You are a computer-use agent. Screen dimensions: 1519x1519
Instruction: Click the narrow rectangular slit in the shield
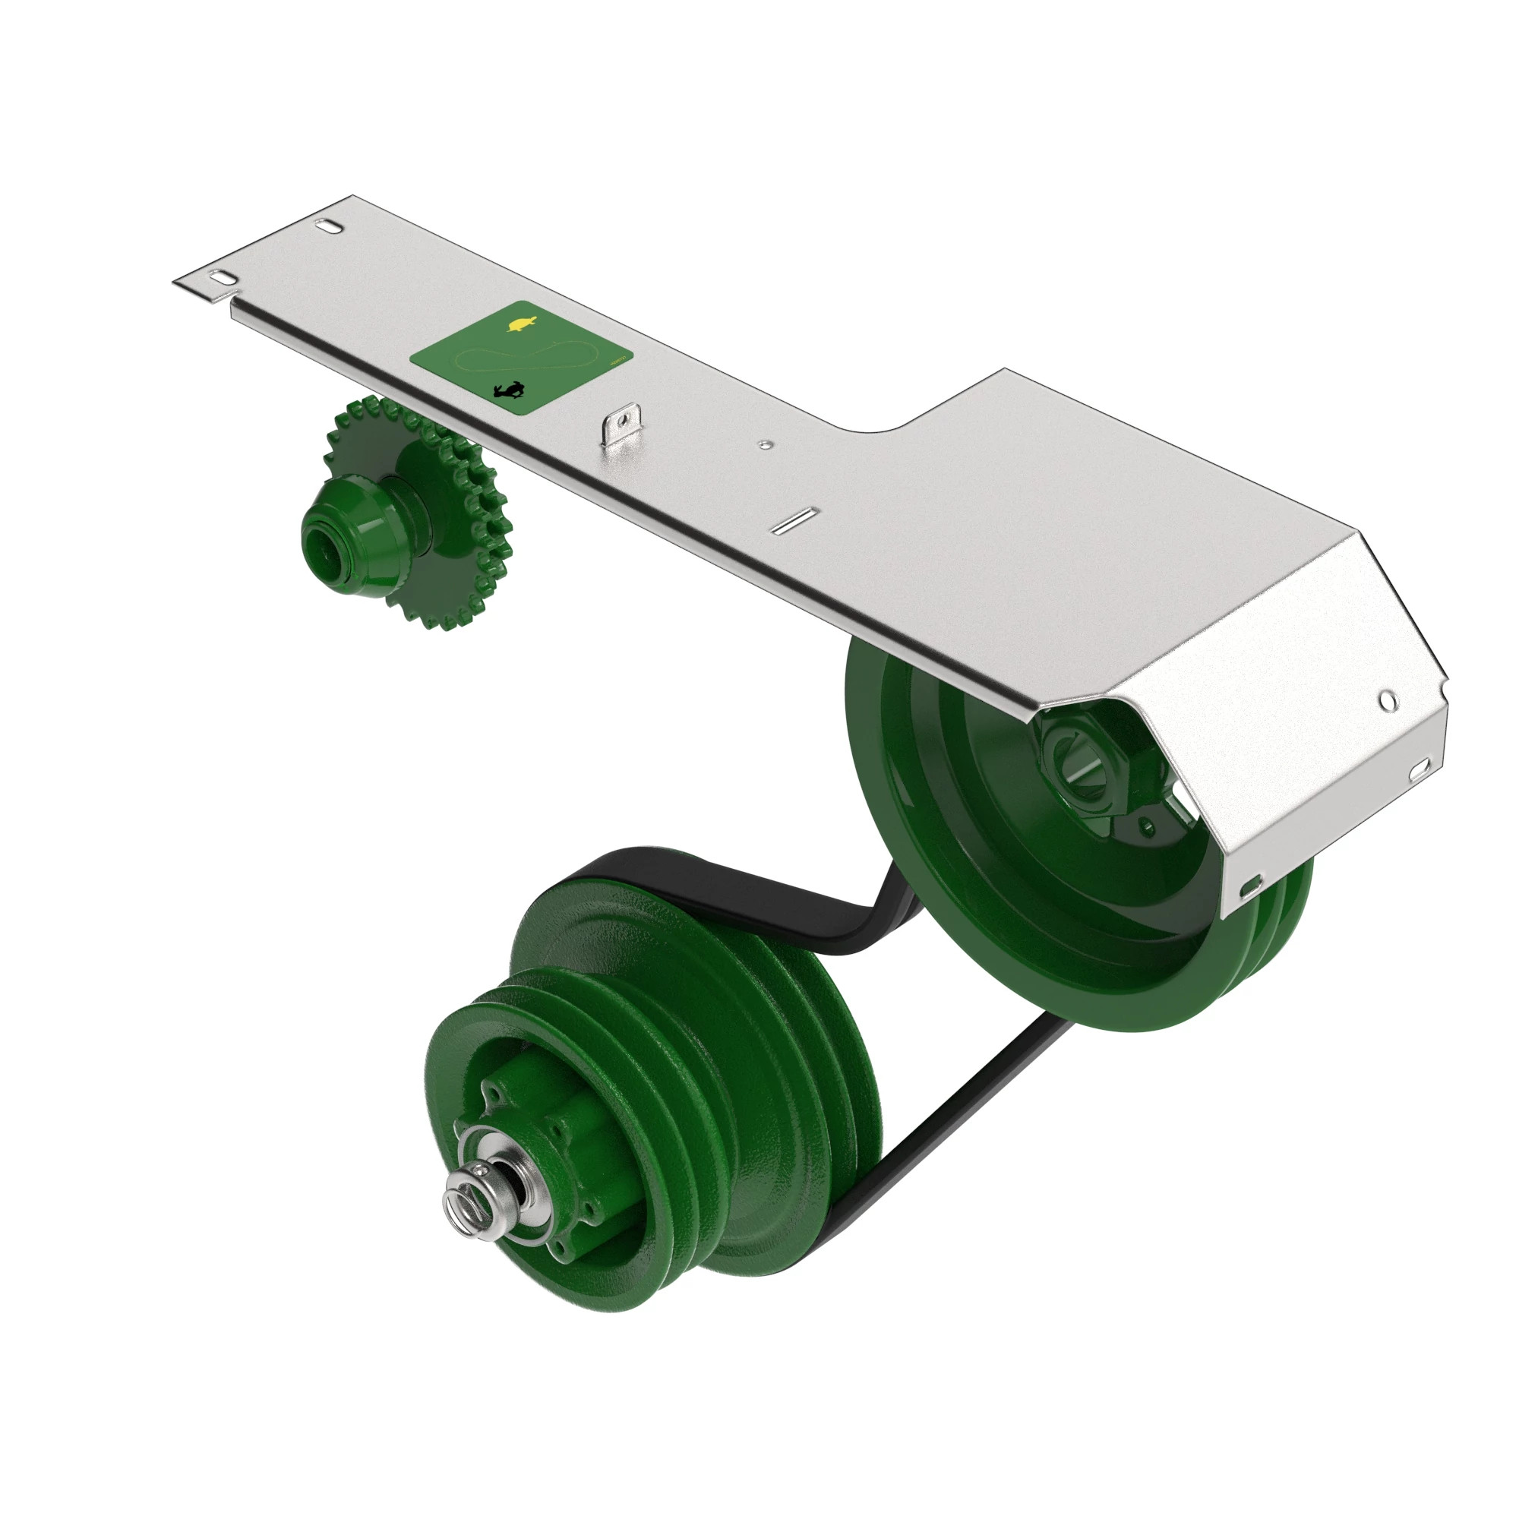point(795,521)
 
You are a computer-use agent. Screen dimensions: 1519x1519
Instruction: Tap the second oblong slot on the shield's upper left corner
point(329,226)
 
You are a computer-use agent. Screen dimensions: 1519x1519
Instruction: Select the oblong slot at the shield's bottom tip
point(1250,889)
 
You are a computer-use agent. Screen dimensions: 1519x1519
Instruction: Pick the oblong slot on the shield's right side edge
point(1420,768)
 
